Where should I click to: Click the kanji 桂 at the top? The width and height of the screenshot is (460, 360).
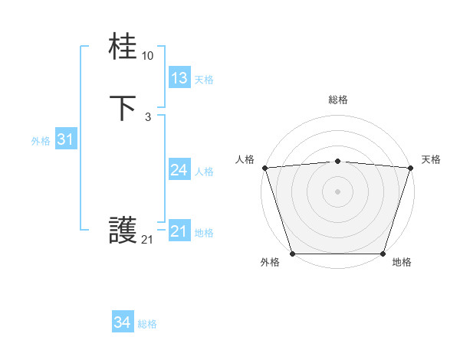point(123,48)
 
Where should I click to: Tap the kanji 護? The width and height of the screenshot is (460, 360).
point(123,231)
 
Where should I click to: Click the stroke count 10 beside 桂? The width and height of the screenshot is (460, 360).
point(148,56)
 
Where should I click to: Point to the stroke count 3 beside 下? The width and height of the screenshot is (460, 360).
point(147,116)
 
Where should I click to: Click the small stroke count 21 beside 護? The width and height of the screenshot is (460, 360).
point(147,240)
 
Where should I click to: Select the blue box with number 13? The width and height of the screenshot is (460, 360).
point(179,78)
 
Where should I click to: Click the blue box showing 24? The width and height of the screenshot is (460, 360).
point(179,170)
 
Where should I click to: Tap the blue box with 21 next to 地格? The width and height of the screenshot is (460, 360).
point(179,231)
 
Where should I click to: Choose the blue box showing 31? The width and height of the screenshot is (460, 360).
point(65,139)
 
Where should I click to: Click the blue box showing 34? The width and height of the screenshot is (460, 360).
point(123,323)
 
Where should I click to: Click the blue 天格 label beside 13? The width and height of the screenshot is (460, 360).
point(203,80)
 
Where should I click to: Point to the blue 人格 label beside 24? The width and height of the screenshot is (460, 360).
point(204,172)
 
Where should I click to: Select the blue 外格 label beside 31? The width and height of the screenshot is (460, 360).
point(41,141)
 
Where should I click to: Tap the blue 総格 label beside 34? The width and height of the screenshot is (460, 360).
point(147,325)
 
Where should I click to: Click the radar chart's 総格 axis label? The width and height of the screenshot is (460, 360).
point(337,100)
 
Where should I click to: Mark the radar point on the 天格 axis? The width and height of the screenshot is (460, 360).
point(410,168)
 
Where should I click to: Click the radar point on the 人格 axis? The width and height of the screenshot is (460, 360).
point(264,168)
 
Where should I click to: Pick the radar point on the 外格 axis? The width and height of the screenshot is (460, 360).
point(292,254)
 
